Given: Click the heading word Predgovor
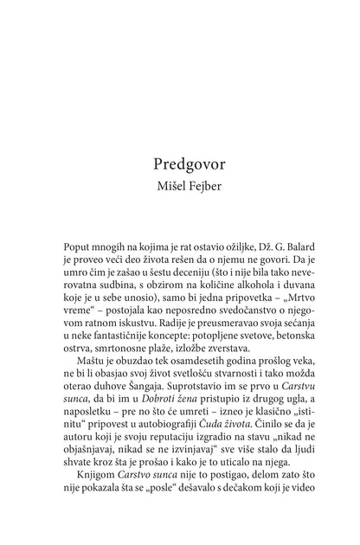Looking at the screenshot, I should coord(179,163).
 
